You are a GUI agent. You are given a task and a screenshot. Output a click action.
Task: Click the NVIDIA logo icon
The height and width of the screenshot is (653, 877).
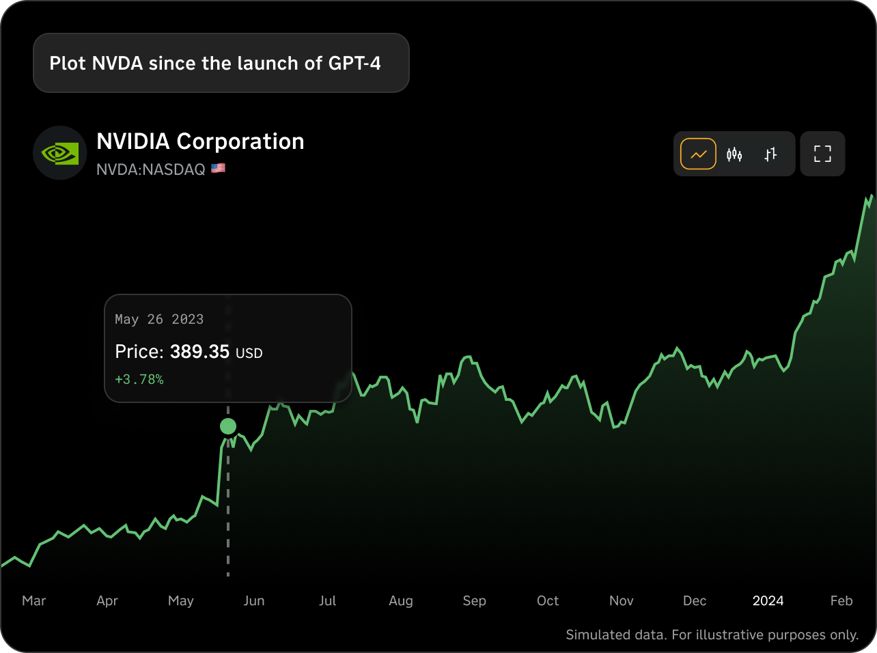(60, 153)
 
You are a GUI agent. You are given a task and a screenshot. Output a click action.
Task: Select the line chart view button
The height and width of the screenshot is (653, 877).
(698, 154)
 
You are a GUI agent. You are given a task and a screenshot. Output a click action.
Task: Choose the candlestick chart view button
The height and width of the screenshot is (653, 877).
(734, 154)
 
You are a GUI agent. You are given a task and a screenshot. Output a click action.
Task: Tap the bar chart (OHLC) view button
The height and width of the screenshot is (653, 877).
(770, 154)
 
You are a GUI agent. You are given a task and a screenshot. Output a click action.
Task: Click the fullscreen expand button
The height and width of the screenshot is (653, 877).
(822, 154)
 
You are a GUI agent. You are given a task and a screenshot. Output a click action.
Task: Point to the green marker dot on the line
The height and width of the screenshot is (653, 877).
(228, 427)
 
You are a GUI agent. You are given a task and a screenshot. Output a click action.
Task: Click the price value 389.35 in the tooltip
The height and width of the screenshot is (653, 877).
(199, 352)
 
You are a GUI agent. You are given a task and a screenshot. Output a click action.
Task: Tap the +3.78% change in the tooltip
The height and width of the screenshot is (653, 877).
(139, 380)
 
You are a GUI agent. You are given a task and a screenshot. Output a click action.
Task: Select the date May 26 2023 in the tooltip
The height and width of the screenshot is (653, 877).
(159, 320)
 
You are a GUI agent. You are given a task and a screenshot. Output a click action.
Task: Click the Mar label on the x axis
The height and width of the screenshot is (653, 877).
(34, 601)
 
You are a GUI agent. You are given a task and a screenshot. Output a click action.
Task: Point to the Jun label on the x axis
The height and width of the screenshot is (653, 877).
(254, 601)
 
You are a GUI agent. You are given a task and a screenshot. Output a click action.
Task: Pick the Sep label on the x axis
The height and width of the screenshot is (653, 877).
(474, 601)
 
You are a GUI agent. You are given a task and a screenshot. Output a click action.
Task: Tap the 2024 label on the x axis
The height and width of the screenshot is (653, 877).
(768, 601)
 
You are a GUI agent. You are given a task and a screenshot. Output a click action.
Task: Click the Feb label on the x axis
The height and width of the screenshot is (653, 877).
(841, 601)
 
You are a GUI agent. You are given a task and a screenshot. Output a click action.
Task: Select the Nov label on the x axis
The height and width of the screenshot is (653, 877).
(621, 601)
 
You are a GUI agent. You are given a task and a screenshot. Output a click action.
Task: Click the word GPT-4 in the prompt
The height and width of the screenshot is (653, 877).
(354, 64)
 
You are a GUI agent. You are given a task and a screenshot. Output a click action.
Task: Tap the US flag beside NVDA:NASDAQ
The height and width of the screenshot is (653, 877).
(218, 168)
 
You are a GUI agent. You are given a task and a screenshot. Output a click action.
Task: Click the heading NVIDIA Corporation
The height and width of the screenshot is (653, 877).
(200, 141)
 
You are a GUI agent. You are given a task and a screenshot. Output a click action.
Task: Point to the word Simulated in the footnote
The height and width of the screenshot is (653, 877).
(596, 635)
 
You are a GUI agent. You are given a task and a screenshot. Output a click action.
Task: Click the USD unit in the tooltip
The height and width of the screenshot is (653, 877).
(249, 354)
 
